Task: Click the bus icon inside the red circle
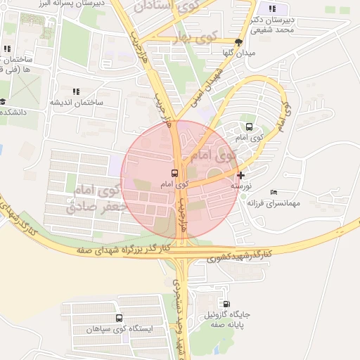pos(174,172)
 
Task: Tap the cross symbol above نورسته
pos(241,175)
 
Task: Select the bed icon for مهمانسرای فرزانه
pos(274,192)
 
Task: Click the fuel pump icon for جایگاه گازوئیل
pos(226,304)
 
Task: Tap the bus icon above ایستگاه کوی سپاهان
pos(119,318)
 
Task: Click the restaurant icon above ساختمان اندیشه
pos(76,91)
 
